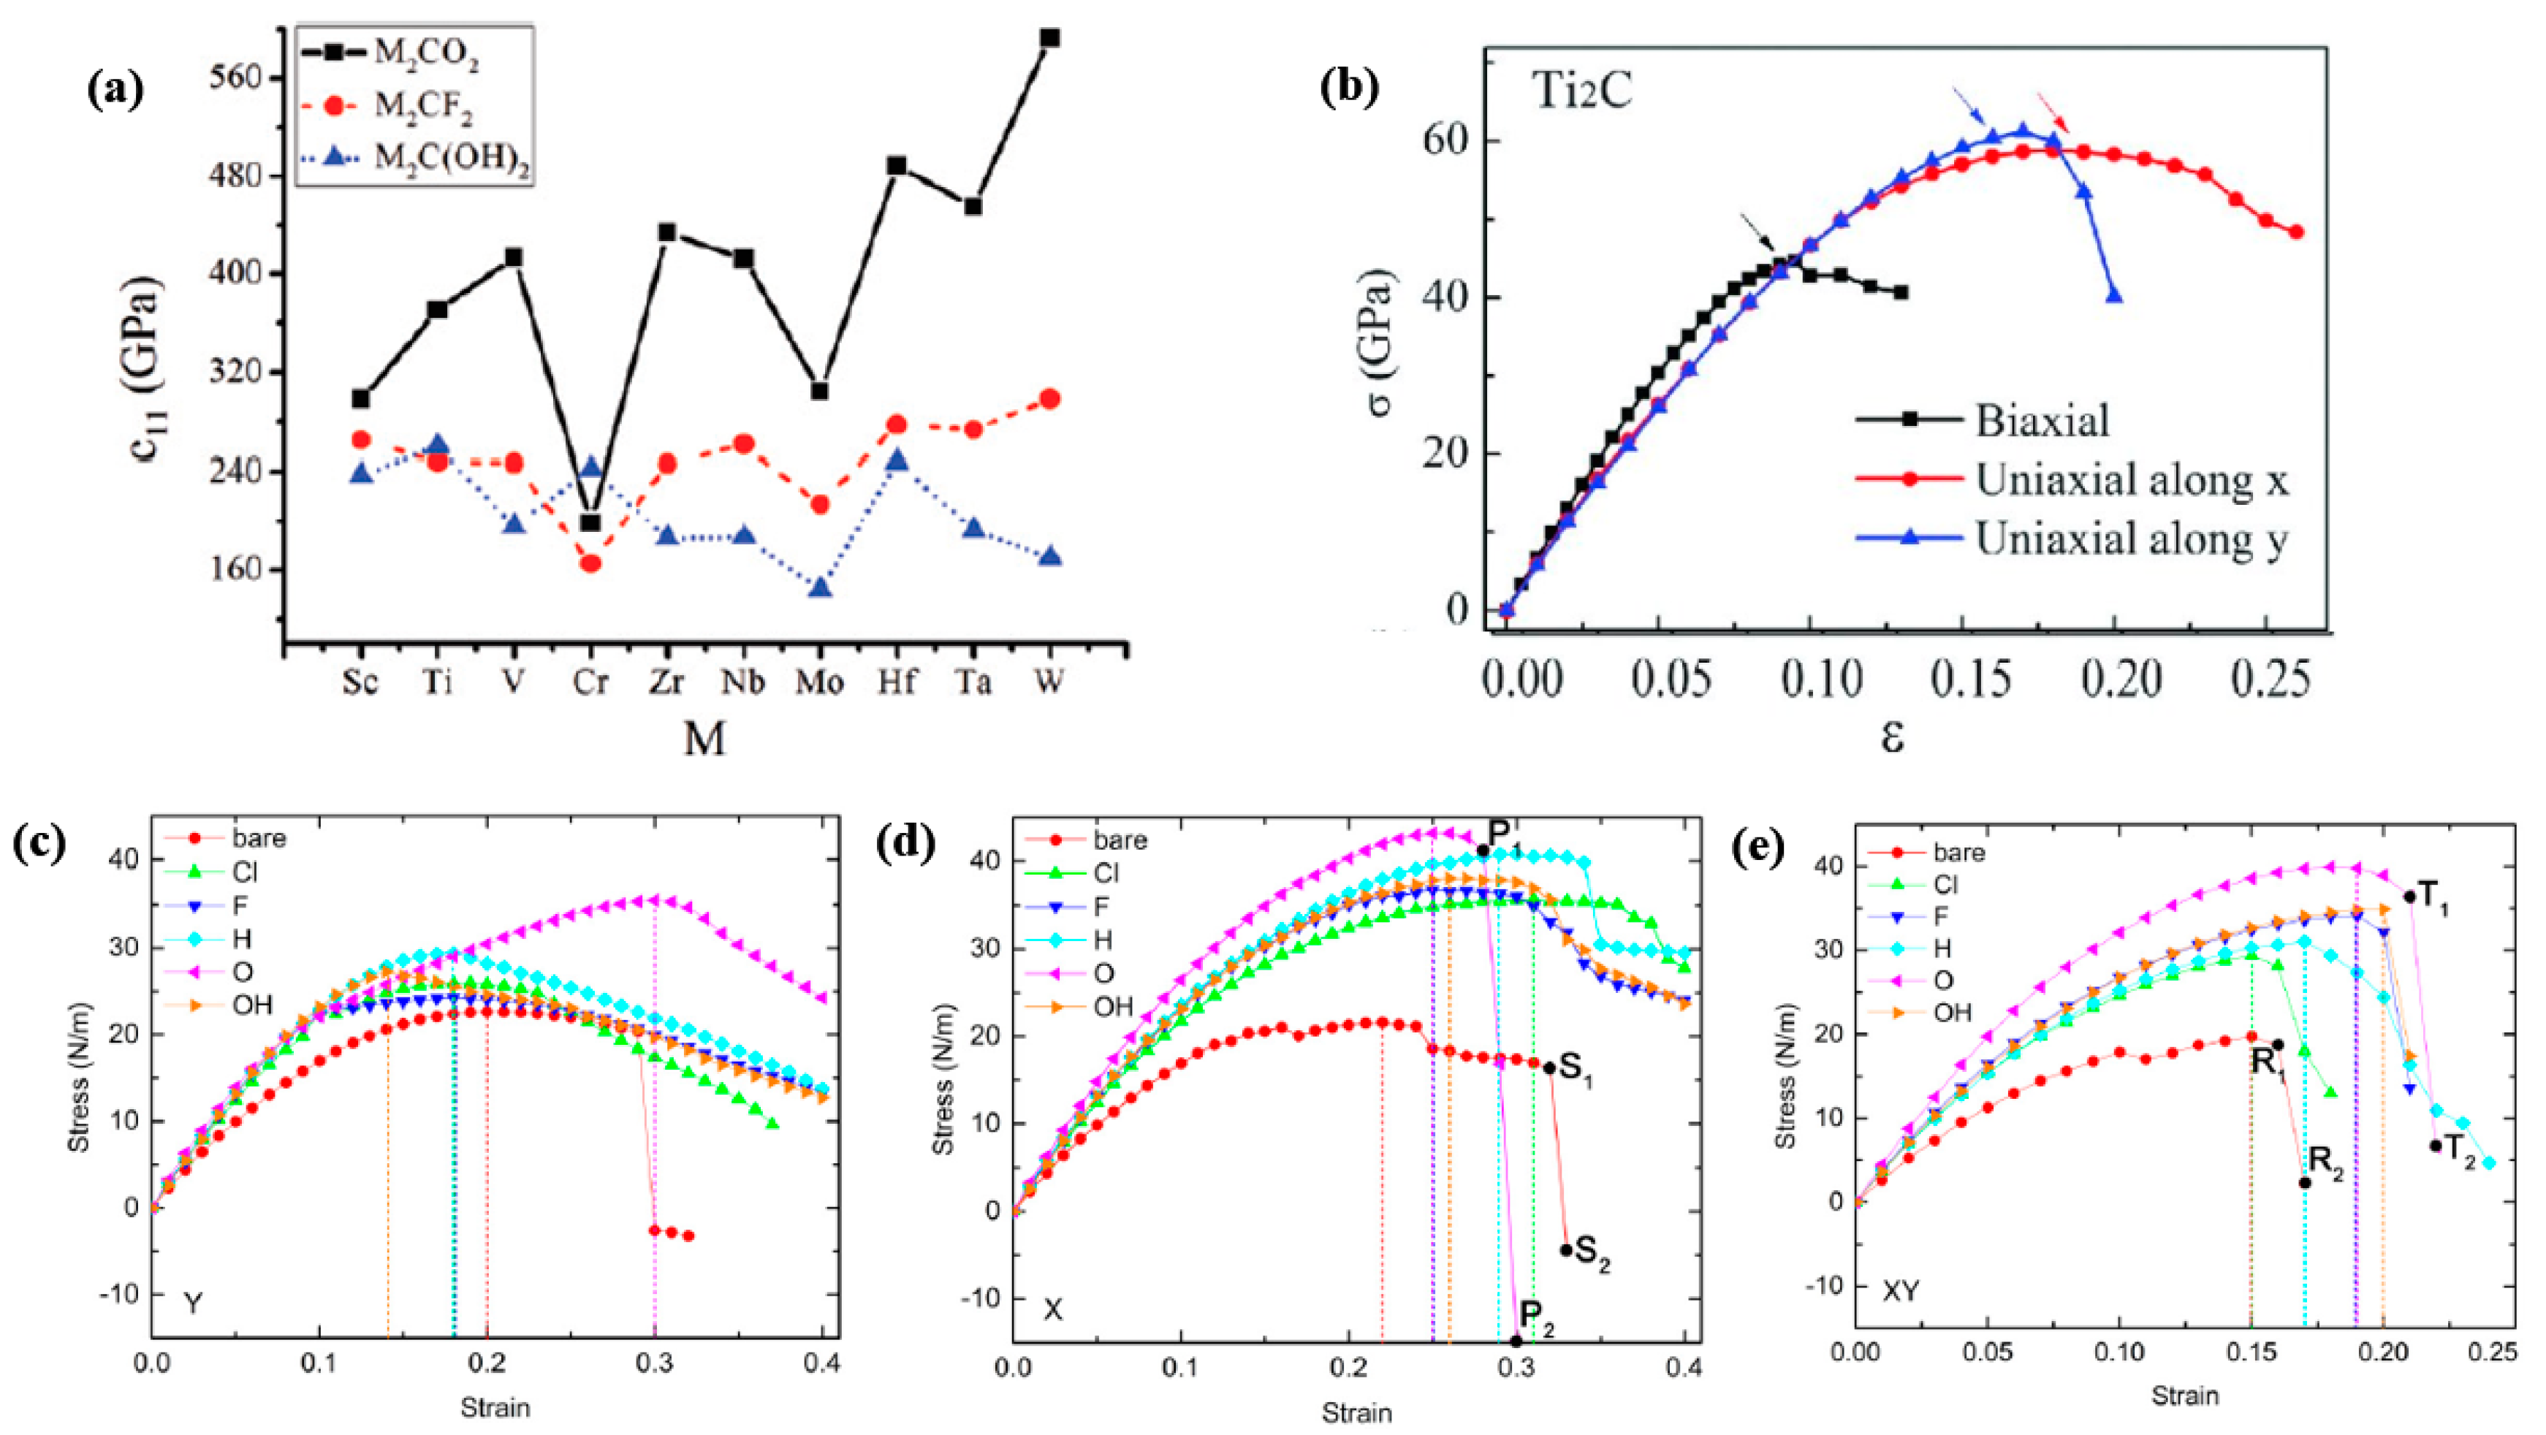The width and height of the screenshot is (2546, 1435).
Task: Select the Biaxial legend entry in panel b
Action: (2042, 420)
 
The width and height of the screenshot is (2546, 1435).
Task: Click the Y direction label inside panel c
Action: (194, 1304)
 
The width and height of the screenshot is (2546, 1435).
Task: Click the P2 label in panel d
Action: (1537, 1317)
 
